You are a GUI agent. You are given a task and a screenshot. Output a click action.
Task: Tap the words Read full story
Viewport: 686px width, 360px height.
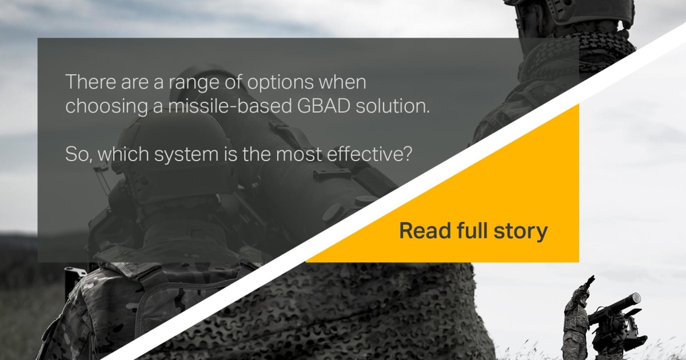[473, 231]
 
